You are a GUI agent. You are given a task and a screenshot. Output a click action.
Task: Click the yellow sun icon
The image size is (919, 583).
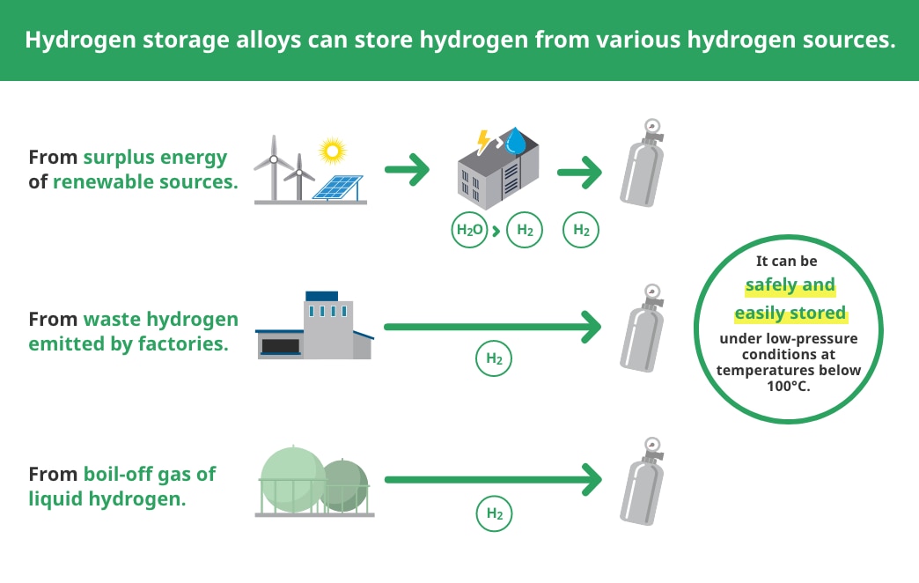tap(333, 151)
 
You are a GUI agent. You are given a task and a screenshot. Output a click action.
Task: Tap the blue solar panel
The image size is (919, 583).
tap(338, 188)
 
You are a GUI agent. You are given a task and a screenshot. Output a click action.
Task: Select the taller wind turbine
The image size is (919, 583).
tap(273, 167)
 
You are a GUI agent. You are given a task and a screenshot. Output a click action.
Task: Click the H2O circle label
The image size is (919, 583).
tap(469, 230)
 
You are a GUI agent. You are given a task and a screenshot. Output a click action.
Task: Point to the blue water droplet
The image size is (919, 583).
tap(516, 141)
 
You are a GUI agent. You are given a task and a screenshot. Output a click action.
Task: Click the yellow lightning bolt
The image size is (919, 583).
tap(483, 142)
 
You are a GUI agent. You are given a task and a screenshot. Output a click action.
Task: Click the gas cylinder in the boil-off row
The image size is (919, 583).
tap(643, 481)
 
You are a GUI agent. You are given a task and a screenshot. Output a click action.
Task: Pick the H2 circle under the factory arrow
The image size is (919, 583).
tap(494, 358)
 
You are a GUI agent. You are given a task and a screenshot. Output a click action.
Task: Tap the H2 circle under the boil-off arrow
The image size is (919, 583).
tap(494, 513)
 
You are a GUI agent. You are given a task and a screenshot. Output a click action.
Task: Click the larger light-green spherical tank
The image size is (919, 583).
tap(292, 478)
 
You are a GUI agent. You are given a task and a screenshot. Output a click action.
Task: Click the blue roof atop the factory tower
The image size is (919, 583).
tap(322, 296)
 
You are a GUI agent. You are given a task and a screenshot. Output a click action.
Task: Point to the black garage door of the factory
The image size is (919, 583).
tap(281, 346)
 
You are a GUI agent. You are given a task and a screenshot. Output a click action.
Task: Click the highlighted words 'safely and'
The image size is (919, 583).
tap(790, 285)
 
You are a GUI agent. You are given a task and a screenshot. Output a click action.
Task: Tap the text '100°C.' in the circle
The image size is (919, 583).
tap(789, 386)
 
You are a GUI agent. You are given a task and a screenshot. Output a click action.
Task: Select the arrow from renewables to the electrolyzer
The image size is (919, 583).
tap(408, 170)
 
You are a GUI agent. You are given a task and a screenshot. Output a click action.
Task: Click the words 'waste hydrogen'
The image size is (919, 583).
tap(160, 320)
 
